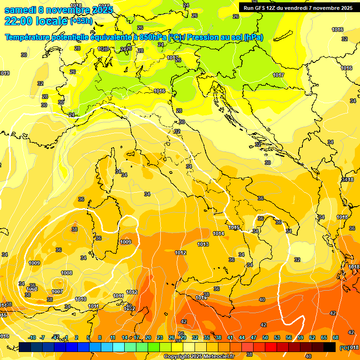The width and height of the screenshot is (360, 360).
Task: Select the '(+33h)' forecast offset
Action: [x=81, y=21]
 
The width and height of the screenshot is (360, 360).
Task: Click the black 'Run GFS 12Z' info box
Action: [x=298, y=7]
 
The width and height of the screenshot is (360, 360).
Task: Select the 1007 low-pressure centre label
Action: [x=57, y=292]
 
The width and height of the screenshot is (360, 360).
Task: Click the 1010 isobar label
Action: [x=81, y=299]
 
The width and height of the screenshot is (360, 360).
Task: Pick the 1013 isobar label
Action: [x=203, y=244]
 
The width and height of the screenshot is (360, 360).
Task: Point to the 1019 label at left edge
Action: [x=5, y=73]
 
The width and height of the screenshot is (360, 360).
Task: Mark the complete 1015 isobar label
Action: [x=234, y=228]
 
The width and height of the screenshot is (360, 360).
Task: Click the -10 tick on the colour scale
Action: [x=32, y=337]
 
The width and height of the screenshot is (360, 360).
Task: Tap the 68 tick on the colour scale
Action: [x=336, y=337]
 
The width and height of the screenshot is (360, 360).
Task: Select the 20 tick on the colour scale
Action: [x=148, y=337]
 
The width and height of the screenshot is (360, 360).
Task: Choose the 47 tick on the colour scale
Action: [x=254, y=337]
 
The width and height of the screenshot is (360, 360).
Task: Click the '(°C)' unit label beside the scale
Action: [x=344, y=347]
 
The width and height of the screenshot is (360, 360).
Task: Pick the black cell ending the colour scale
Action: [x=330, y=347]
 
